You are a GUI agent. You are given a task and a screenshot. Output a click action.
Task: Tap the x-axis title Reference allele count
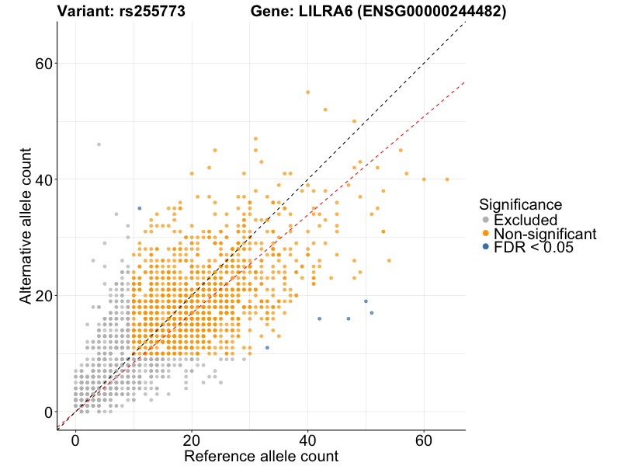[x=261, y=456]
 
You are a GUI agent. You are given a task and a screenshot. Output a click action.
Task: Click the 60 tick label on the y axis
[x=44, y=63]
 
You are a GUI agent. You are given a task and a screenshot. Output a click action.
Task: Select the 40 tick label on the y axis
[x=44, y=179]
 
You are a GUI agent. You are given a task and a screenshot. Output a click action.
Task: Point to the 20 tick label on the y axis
[x=44, y=296]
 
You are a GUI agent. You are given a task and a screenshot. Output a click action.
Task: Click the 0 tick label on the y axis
[x=49, y=412]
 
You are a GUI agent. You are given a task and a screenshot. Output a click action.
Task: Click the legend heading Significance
[x=520, y=204]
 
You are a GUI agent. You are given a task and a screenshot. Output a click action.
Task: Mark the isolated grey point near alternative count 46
[x=99, y=144]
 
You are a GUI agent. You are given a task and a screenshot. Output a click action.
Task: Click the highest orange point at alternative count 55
[x=308, y=92]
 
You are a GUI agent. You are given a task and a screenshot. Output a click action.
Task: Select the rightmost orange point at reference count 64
[x=447, y=179]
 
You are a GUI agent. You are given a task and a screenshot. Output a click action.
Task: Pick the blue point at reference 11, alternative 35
[x=139, y=208]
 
